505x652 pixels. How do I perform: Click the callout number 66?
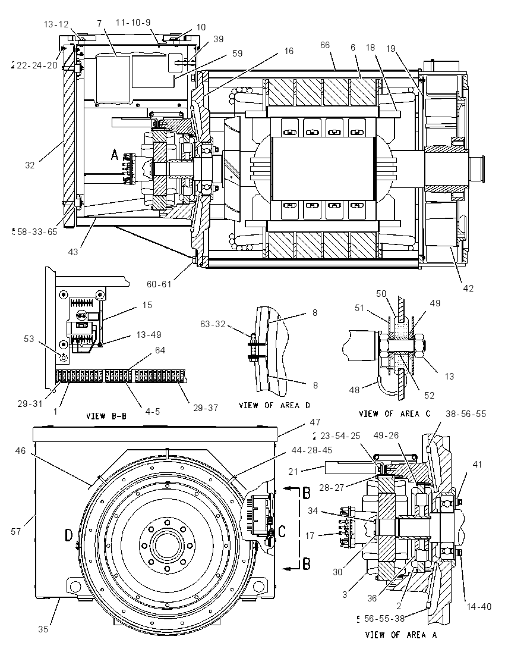pos(325,45)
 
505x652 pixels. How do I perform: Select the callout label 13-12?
pos(56,24)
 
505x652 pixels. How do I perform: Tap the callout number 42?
pos(468,288)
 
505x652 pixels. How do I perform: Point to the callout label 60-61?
pos(159,284)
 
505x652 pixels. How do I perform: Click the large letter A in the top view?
pos(115,155)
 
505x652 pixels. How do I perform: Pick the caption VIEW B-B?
pos(106,416)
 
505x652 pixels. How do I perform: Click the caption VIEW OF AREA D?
pos(274,405)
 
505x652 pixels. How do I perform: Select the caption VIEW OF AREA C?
pos(394,413)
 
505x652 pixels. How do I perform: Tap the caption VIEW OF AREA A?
pos(401,635)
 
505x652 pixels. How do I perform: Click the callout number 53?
pos(29,339)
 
